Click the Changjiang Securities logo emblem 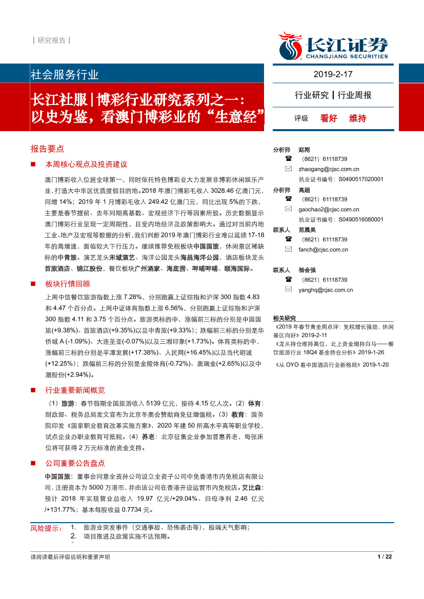(x=291, y=46)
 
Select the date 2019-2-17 (x=333, y=74)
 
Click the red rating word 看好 (x=329, y=118)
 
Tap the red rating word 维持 (x=358, y=118)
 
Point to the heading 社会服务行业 (x=65, y=75)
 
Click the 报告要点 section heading (x=47, y=149)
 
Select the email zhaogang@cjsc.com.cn (x=329, y=169)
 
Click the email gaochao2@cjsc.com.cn (x=329, y=209)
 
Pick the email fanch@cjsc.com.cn (x=323, y=250)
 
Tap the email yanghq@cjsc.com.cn (x=326, y=290)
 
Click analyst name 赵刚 (x=304, y=150)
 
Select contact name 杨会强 (x=307, y=270)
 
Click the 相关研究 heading (x=285, y=318)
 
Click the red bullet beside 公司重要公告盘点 (x=33, y=463)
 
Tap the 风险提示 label (x=46, y=528)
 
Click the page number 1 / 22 (x=385, y=557)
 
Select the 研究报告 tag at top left (x=51, y=40)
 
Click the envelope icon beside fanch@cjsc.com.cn (x=289, y=250)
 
